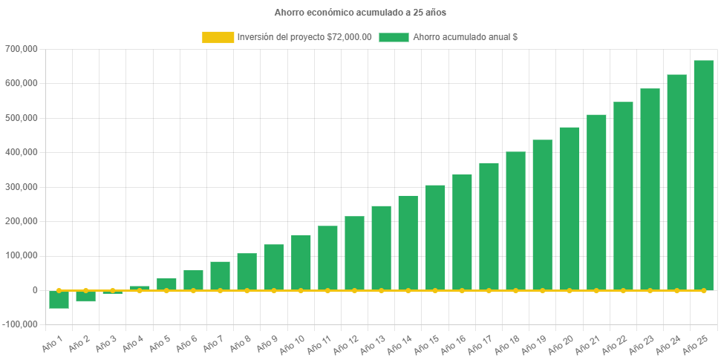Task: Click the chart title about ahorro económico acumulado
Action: click(x=360, y=13)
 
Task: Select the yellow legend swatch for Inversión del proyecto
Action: click(x=217, y=37)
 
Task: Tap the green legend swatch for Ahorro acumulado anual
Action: click(x=394, y=37)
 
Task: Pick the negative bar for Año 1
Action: click(x=59, y=300)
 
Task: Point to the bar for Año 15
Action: click(x=435, y=238)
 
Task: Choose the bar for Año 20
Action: click(x=570, y=209)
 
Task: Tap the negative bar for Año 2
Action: click(x=86, y=296)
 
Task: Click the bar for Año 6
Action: click(x=193, y=280)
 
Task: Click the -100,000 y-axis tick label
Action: click(x=23, y=324)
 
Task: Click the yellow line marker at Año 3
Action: click(x=113, y=290)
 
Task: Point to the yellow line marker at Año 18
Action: click(x=516, y=290)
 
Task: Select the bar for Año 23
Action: click(x=650, y=189)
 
